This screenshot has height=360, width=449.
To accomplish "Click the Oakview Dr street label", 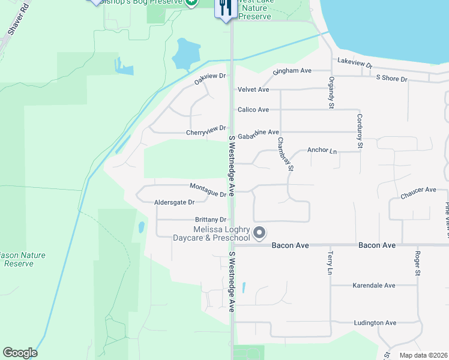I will pyautogui.click(x=209, y=78).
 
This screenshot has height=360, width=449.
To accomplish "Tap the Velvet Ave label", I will pyautogui.click(x=253, y=89).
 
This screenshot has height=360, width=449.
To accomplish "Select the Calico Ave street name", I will pyautogui.click(x=253, y=110).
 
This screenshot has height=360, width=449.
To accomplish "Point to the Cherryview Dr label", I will pyautogui.click(x=206, y=130).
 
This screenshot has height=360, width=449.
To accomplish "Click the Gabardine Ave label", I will pyautogui.click(x=258, y=133).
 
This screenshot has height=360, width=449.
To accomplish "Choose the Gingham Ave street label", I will pyautogui.click(x=292, y=71).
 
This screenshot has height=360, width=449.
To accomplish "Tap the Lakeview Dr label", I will pyautogui.click(x=355, y=62).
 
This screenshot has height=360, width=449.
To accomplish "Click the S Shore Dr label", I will pyautogui.click(x=391, y=79).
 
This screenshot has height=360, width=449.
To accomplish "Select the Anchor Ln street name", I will pyautogui.click(x=322, y=151).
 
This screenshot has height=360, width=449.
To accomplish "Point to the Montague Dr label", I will pyautogui.click(x=208, y=189).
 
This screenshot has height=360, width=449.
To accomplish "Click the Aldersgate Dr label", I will pyautogui.click(x=175, y=203).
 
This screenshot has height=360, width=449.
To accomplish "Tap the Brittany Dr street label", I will pyautogui.click(x=211, y=220).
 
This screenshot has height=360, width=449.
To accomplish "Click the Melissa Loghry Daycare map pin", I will pyautogui.click(x=259, y=232).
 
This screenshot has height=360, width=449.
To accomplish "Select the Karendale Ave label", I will pyautogui.click(x=373, y=286).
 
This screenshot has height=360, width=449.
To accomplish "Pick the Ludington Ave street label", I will pyautogui.click(x=375, y=323).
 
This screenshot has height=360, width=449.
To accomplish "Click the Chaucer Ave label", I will pyautogui.click(x=418, y=190).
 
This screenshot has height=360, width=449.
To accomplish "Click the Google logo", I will pyautogui.click(x=20, y=352).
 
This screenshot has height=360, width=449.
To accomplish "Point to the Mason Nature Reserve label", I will pyautogui.click(x=23, y=259).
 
